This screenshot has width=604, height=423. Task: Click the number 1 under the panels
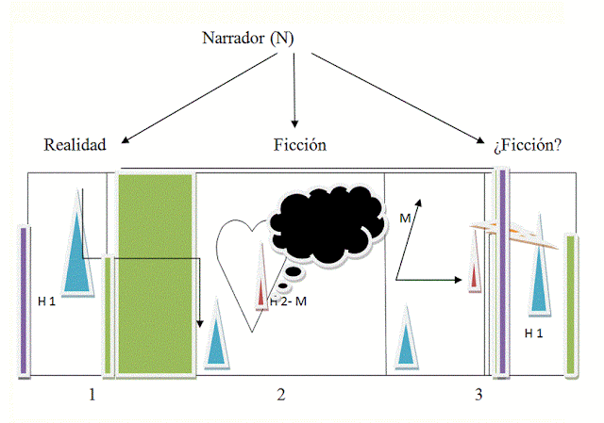pyautogui.click(x=92, y=394)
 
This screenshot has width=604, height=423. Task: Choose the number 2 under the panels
pyautogui.click(x=280, y=394)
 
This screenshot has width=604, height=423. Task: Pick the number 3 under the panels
pyautogui.click(x=478, y=394)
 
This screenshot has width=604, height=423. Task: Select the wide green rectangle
pyautogui.click(x=155, y=273)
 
